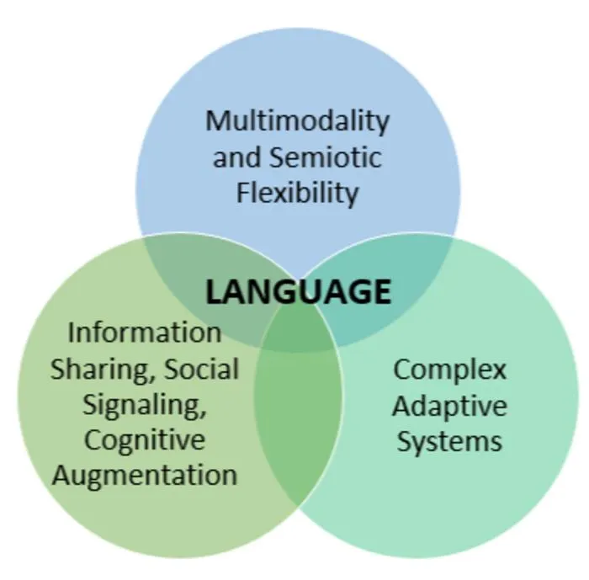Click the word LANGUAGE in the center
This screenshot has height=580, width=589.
[x=298, y=292]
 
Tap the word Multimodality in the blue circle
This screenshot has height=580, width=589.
[x=298, y=122]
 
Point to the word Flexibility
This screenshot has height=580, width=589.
[x=298, y=194]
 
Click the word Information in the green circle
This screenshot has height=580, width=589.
[x=145, y=333]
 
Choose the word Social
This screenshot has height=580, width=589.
[x=202, y=369]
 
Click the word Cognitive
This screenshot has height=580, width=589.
[x=145, y=440]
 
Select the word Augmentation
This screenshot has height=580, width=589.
[x=145, y=475]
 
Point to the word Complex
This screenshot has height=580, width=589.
[x=450, y=370]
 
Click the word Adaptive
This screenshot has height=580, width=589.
[x=449, y=406]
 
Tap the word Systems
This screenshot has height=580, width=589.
[x=449, y=441]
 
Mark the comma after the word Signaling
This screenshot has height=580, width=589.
[x=204, y=412]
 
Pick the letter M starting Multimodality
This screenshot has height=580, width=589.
[x=217, y=120]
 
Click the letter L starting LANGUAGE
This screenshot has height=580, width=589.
[x=214, y=292]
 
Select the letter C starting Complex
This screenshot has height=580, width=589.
[x=401, y=369]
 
